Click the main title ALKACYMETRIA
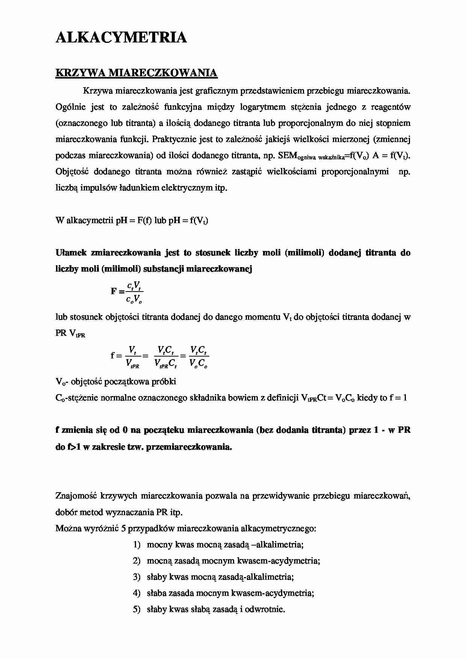pyautogui.click(x=121, y=38)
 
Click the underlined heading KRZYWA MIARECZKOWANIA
pyautogui.click(x=136, y=73)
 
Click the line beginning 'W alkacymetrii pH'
pyautogui.click(x=132, y=221)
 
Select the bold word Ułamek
pyautogui.click(x=71, y=253)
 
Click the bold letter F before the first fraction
pyautogui.click(x=114, y=291)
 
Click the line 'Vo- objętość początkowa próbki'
pyautogui.click(x=116, y=382)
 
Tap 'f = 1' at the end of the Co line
pyautogui.click(x=398, y=398)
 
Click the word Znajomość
pyautogui.click(x=76, y=496)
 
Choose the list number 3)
pyautogui.click(x=136, y=577)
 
